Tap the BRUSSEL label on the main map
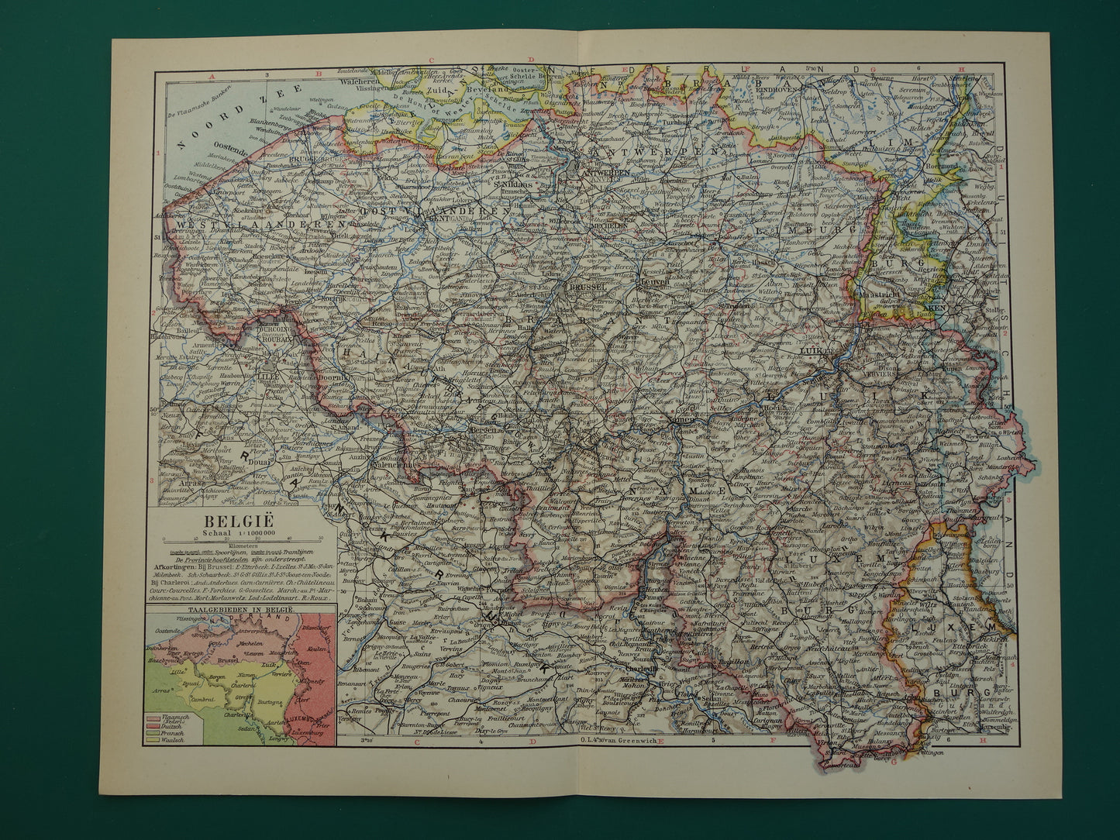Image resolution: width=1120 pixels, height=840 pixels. (x=587, y=286)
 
